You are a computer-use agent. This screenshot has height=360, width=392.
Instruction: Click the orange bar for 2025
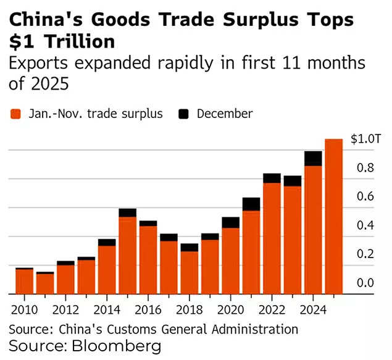coord(333,216)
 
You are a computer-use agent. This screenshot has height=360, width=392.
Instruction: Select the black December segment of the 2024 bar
coord(313,159)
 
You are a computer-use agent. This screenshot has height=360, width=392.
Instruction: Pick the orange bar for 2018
coord(190,272)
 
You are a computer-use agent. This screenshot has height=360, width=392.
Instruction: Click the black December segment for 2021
coord(251,204)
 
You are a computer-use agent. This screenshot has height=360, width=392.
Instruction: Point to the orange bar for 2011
coord(45,283)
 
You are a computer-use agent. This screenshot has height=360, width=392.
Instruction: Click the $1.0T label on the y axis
coord(362,139)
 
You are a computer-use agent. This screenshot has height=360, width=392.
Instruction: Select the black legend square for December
coord(183,114)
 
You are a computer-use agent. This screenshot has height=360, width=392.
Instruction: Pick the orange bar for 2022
coord(272,238)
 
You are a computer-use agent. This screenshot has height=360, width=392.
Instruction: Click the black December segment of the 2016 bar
coord(148,224)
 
